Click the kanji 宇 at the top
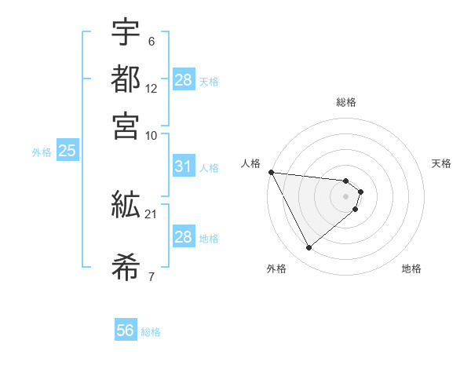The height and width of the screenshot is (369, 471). pyautogui.click(x=126, y=34)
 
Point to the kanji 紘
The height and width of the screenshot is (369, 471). pyautogui.click(x=126, y=205)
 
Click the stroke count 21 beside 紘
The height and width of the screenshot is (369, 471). pyautogui.click(x=152, y=214)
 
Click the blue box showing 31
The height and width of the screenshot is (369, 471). pyautogui.click(x=183, y=167)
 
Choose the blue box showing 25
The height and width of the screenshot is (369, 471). pyautogui.click(x=67, y=152)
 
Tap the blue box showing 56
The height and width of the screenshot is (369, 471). pyautogui.click(x=125, y=331)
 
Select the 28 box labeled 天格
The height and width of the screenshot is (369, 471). pyautogui.click(x=183, y=80)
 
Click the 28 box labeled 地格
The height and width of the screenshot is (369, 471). pyautogui.click(x=183, y=237)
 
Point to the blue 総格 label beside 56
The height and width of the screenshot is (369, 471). pyautogui.click(x=151, y=332)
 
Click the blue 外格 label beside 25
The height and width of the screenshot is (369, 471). pyautogui.click(x=41, y=152)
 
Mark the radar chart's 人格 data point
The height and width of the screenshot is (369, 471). pyautogui.click(x=271, y=172)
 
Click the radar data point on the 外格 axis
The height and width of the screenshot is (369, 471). pyautogui.click(x=309, y=248)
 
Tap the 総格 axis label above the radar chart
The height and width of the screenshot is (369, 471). pyautogui.click(x=345, y=102)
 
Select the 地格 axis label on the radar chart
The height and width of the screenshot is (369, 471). pyautogui.click(x=411, y=269)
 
